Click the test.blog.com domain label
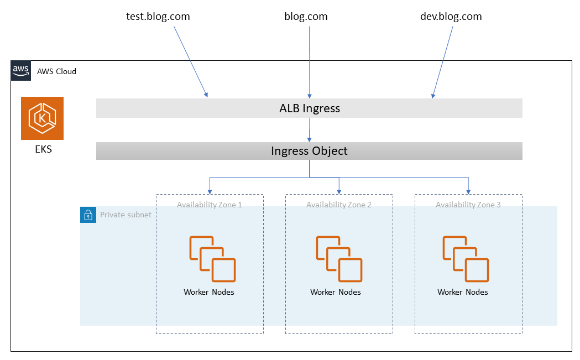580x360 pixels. coord(158,17)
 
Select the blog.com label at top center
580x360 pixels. coord(306,17)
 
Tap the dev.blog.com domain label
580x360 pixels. coord(451,17)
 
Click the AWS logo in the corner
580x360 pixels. coord(20,71)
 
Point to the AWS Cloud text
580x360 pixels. coord(57,71)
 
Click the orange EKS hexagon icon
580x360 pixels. coord(42,118)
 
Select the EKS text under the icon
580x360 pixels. coord(43,149)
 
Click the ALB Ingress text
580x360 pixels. coord(309,108)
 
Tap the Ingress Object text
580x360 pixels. coord(309,151)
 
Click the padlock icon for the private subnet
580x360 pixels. coord(88,215)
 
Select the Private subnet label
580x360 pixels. coord(126,215)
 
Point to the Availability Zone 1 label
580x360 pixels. coord(210,205)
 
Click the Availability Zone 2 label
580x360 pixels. coord(339,205)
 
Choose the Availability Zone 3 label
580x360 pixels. coord(468,205)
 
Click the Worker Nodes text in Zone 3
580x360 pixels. coord(463,292)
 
